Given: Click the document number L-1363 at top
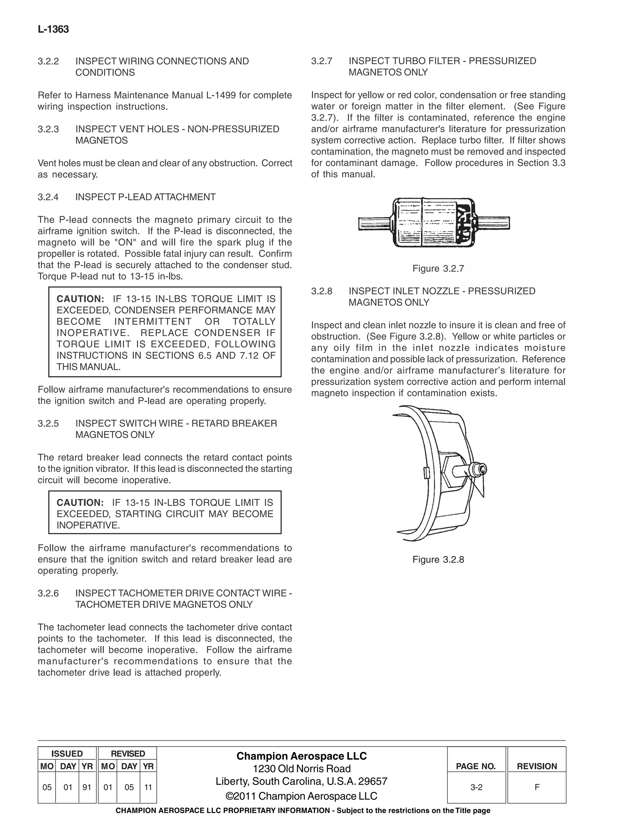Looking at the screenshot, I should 53,30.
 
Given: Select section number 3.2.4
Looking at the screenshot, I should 48,197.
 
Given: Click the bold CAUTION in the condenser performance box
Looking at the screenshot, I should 80,299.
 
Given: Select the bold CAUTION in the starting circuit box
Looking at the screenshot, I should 80,502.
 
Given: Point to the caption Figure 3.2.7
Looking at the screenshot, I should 438,269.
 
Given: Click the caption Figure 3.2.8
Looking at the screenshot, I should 438,559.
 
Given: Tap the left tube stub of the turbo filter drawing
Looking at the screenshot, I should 374,223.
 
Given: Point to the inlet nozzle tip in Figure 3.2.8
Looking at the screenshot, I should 482,470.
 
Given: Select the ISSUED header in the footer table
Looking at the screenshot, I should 67,754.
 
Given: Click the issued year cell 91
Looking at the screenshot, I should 87,787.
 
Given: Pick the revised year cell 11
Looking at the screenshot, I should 148,787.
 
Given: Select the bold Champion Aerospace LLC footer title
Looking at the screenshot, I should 301,756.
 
